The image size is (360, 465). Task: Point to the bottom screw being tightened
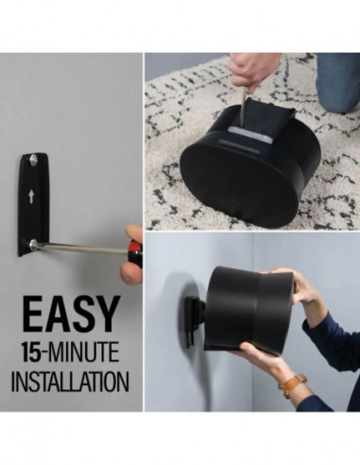tap(33, 245)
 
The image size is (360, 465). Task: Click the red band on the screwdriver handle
tap(135, 254)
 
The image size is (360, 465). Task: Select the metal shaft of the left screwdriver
tap(80, 249)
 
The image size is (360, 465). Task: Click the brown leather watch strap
tap(293, 385)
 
